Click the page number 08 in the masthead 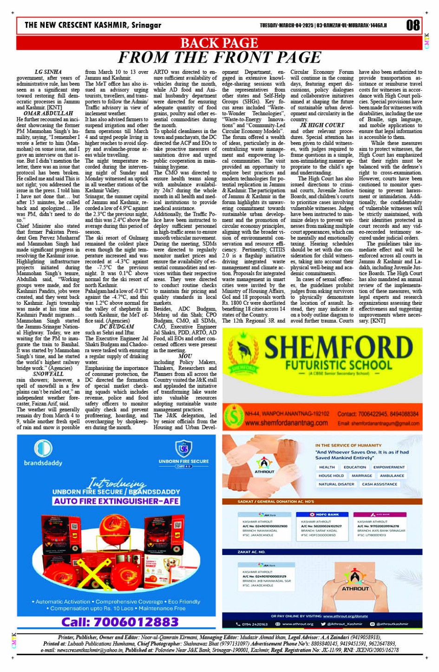[413, 25]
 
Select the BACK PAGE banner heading [219, 43]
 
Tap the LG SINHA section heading [48, 72]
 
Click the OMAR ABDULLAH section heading [48, 113]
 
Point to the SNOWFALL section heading [48, 374]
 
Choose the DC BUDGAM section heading [117, 327]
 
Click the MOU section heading [185, 356]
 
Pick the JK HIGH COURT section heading [322, 125]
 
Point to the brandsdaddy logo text [43, 463]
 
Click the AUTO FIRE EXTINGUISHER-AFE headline [116, 501]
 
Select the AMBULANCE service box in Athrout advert [392, 476]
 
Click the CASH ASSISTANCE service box [379, 484]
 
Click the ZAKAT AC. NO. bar [251, 552]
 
